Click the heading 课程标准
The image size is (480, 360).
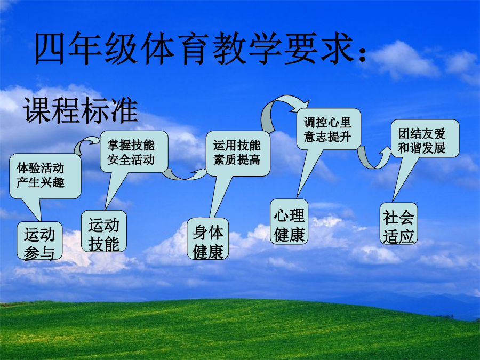coord(81,110)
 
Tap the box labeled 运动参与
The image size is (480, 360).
coord(39,241)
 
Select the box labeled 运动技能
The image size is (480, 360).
coord(104,231)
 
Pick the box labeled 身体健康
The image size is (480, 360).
coord(208,239)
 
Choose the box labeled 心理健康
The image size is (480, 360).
coord(289,222)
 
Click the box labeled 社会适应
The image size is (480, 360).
coord(398,223)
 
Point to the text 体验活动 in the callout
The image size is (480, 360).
coord(41,168)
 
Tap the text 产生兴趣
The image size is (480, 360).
coord(41,182)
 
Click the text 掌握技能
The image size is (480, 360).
coord(131,145)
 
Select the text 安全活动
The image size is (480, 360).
coord(131,159)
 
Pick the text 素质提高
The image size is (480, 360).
coord(237,159)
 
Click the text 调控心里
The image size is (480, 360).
coord(327,123)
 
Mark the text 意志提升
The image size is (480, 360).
coord(327,137)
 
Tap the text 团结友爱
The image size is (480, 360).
coord(421,134)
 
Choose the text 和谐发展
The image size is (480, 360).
coord(421,148)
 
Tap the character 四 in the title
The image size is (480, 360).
coord(50,49)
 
